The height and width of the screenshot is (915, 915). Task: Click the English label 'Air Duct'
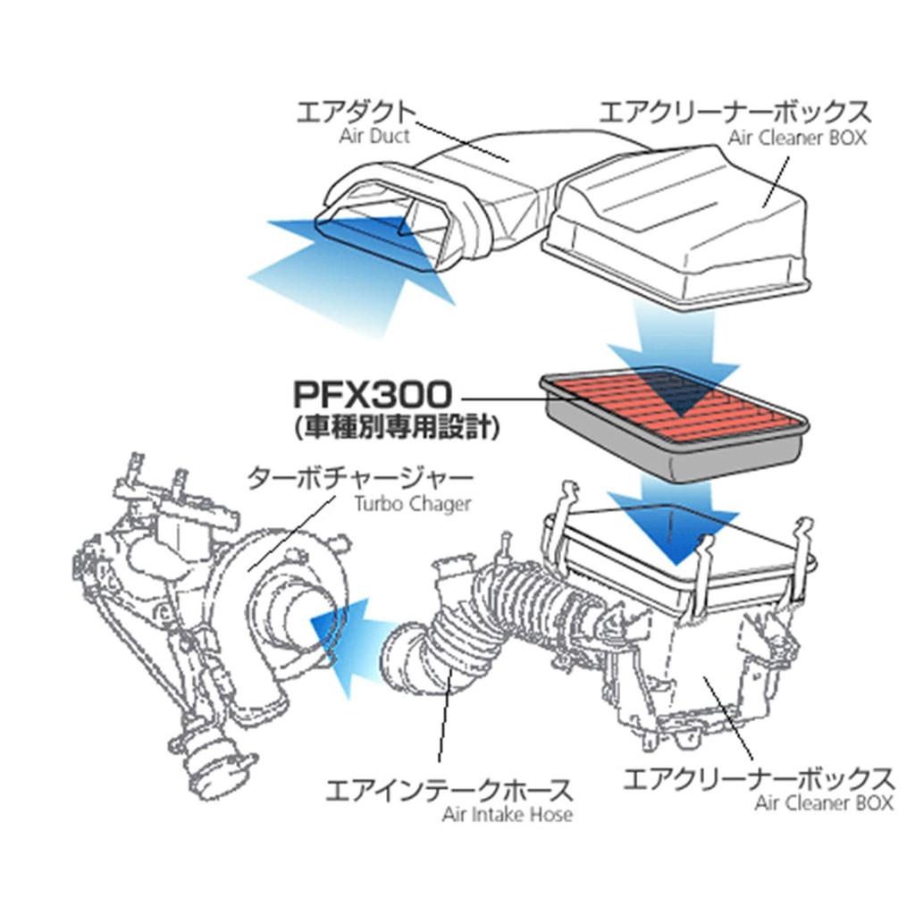[x=374, y=137]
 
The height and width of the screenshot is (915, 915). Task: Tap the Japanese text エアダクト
[x=356, y=112]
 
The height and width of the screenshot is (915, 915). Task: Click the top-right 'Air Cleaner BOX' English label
[x=797, y=138]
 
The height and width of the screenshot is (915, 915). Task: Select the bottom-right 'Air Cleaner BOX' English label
[x=823, y=802]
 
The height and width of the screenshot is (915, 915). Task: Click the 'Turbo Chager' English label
[x=412, y=503]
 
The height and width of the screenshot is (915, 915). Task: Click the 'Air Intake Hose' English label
[x=507, y=814]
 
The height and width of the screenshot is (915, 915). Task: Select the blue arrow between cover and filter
[x=675, y=344]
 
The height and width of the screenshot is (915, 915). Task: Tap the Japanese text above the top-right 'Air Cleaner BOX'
[x=734, y=112]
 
